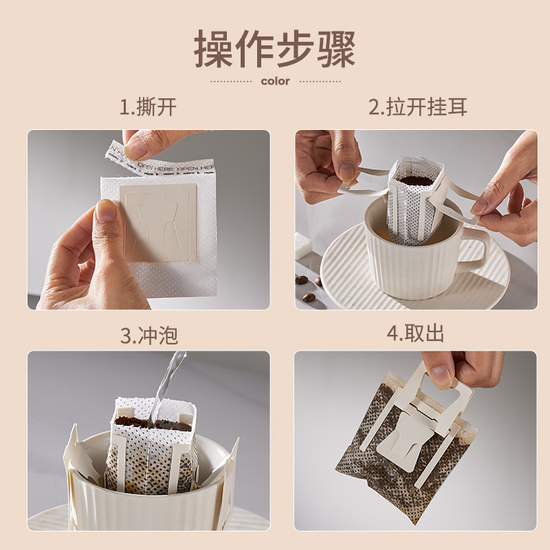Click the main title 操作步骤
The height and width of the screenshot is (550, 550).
click(x=274, y=49)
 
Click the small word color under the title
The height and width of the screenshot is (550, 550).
click(x=275, y=81)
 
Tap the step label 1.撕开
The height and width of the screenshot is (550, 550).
click(x=148, y=107)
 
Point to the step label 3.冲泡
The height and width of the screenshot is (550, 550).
click(x=148, y=335)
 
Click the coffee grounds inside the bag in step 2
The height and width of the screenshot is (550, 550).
click(x=416, y=180)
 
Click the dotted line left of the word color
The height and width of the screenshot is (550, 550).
click(x=231, y=81)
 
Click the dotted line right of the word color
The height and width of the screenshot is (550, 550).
click(x=320, y=81)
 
